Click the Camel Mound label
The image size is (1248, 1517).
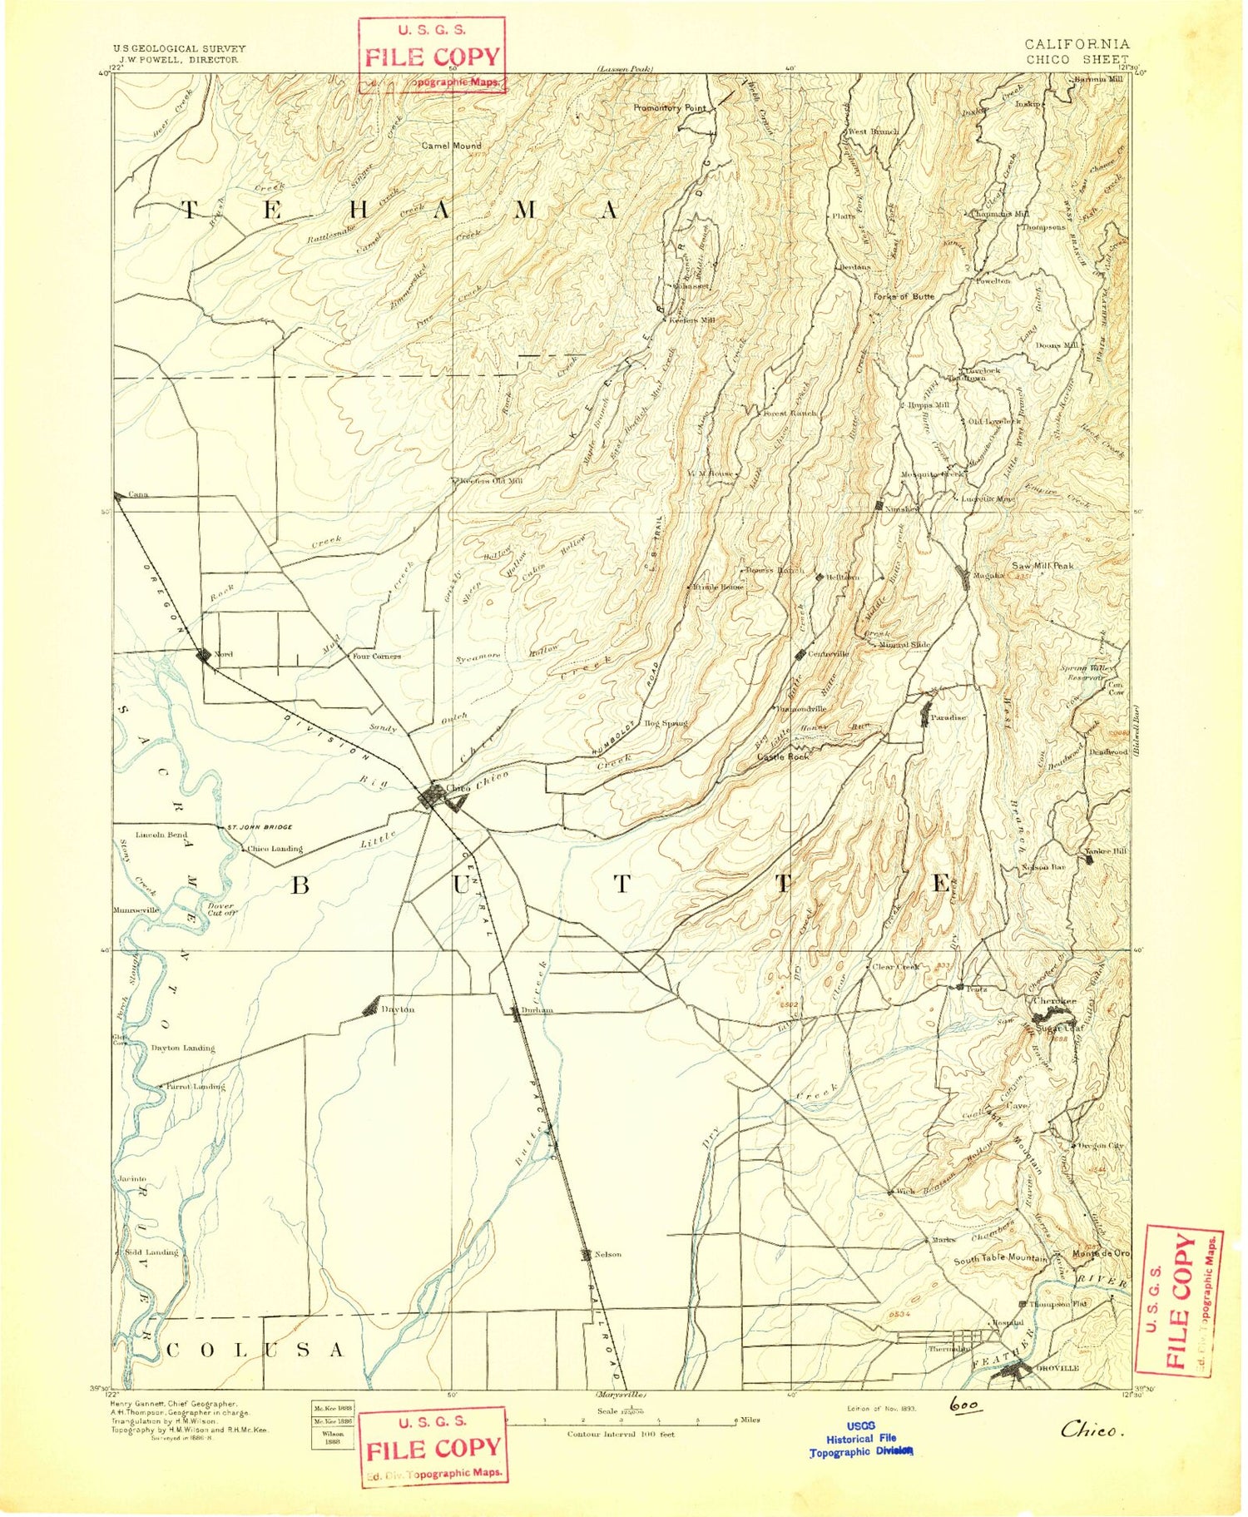click(451, 146)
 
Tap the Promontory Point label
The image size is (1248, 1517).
click(669, 108)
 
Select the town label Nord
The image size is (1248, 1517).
click(224, 654)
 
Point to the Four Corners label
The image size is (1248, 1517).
click(376, 657)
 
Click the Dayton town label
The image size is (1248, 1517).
click(398, 1009)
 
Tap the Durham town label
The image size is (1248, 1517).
click(537, 1010)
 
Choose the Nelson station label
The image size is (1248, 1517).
click(607, 1254)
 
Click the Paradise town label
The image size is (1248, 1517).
click(948, 717)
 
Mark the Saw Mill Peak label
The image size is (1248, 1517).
click(1042, 566)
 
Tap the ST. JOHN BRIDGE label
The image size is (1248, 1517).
click(260, 827)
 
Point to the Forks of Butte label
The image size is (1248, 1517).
click(904, 296)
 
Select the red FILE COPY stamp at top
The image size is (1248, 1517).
click(432, 55)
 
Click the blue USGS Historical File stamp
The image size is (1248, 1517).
click(861, 1439)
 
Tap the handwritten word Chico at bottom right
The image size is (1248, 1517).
click(1092, 1430)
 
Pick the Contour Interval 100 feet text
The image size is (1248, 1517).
click(621, 1435)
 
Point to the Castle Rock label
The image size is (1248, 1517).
click(783, 756)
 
